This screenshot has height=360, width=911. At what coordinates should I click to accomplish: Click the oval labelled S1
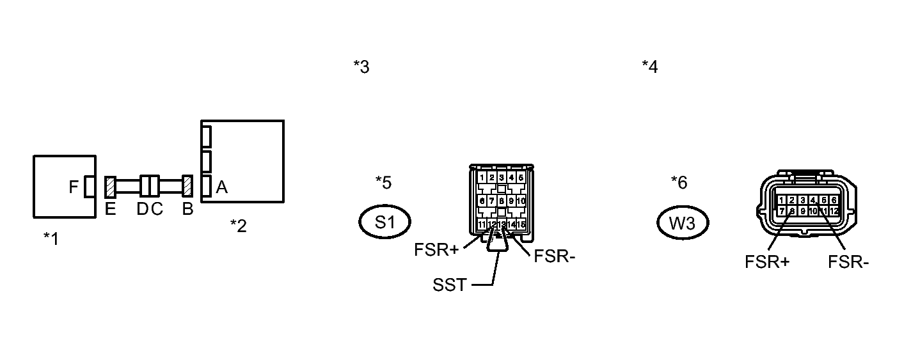(x=384, y=222)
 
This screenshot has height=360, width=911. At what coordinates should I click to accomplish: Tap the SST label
(x=450, y=285)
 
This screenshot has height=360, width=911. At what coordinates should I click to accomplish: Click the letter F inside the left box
(x=74, y=187)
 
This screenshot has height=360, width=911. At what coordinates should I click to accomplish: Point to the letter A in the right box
(x=222, y=187)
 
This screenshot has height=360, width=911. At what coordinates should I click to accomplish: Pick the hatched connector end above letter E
(x=109, y=187)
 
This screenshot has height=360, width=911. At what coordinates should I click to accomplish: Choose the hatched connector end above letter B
(x=187, y=187)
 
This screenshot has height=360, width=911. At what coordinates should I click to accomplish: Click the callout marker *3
(x=361, y=67)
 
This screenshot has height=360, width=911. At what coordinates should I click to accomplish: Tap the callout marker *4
(x=650, y=67)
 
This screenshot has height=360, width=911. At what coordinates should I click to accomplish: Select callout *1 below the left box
(x=51, y=239)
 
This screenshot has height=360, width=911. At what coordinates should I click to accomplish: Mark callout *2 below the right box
(x=238, y=225)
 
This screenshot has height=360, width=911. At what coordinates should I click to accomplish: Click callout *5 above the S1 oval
(x=383, y=182)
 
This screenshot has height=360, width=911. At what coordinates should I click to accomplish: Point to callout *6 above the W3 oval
(x=679, y=182)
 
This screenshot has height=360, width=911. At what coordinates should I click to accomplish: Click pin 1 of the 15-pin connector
(x=482, y=177)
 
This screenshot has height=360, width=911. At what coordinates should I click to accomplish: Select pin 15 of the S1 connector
(x=521, y=224)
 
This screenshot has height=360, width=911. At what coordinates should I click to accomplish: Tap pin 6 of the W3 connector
(x=834, y=200)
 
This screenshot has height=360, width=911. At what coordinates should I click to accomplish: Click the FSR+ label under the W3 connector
(x=767, y=262)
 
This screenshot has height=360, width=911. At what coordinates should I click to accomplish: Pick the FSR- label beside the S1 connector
(x=555, y=256)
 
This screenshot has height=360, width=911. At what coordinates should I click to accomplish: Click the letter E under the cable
(x=110, y=209)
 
